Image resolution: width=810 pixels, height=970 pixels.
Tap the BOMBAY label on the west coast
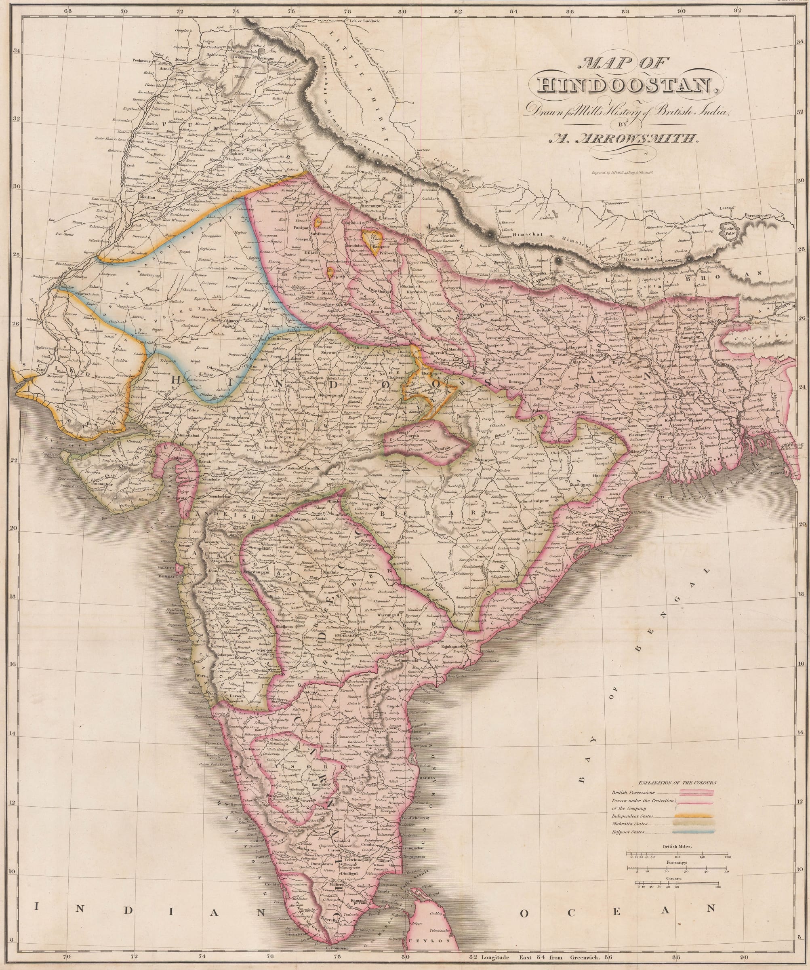click(x=168, y=578)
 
